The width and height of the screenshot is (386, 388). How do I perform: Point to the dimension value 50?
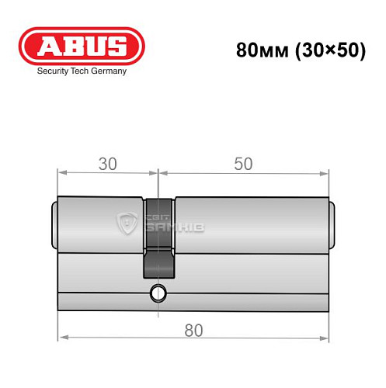pos(244,164)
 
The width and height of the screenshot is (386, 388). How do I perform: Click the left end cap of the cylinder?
pos(54,224)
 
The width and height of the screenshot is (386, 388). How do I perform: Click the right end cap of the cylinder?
pos(332,224)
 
